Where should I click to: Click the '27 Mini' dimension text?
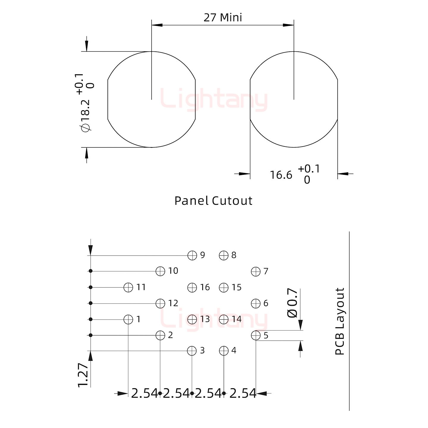(223, 18)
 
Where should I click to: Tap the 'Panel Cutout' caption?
(213, 201)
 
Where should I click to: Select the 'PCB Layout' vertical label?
(339, 321)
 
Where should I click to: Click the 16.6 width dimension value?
(281, 175)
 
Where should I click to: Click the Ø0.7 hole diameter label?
(292, 303)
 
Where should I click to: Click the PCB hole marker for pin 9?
(192, 255)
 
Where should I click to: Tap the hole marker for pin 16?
(192, 287)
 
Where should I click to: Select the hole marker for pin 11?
(128, 287)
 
